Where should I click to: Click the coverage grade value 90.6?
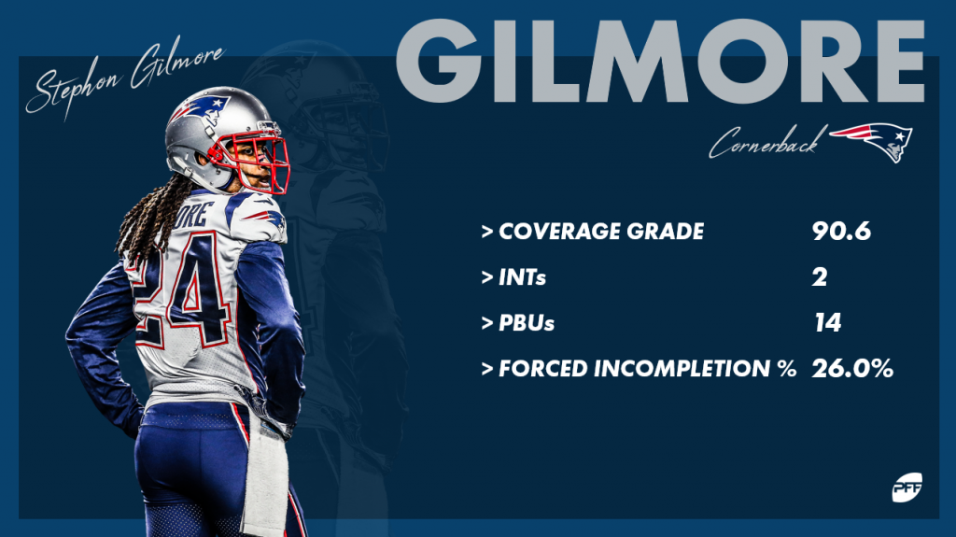(841, 232)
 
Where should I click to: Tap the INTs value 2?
(820, 277)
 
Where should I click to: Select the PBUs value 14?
(827, 323)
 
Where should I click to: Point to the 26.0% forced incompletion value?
(852, 369)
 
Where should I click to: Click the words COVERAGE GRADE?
(601, 232)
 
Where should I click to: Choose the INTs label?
(522, 277)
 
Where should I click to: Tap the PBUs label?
(527, 323)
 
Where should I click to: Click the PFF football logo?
(907, 487)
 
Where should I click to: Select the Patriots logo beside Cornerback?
(873, 142)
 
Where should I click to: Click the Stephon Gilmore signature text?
(125, 80)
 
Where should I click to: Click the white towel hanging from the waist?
(266, 476)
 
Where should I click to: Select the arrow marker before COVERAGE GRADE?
(487, 232)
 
